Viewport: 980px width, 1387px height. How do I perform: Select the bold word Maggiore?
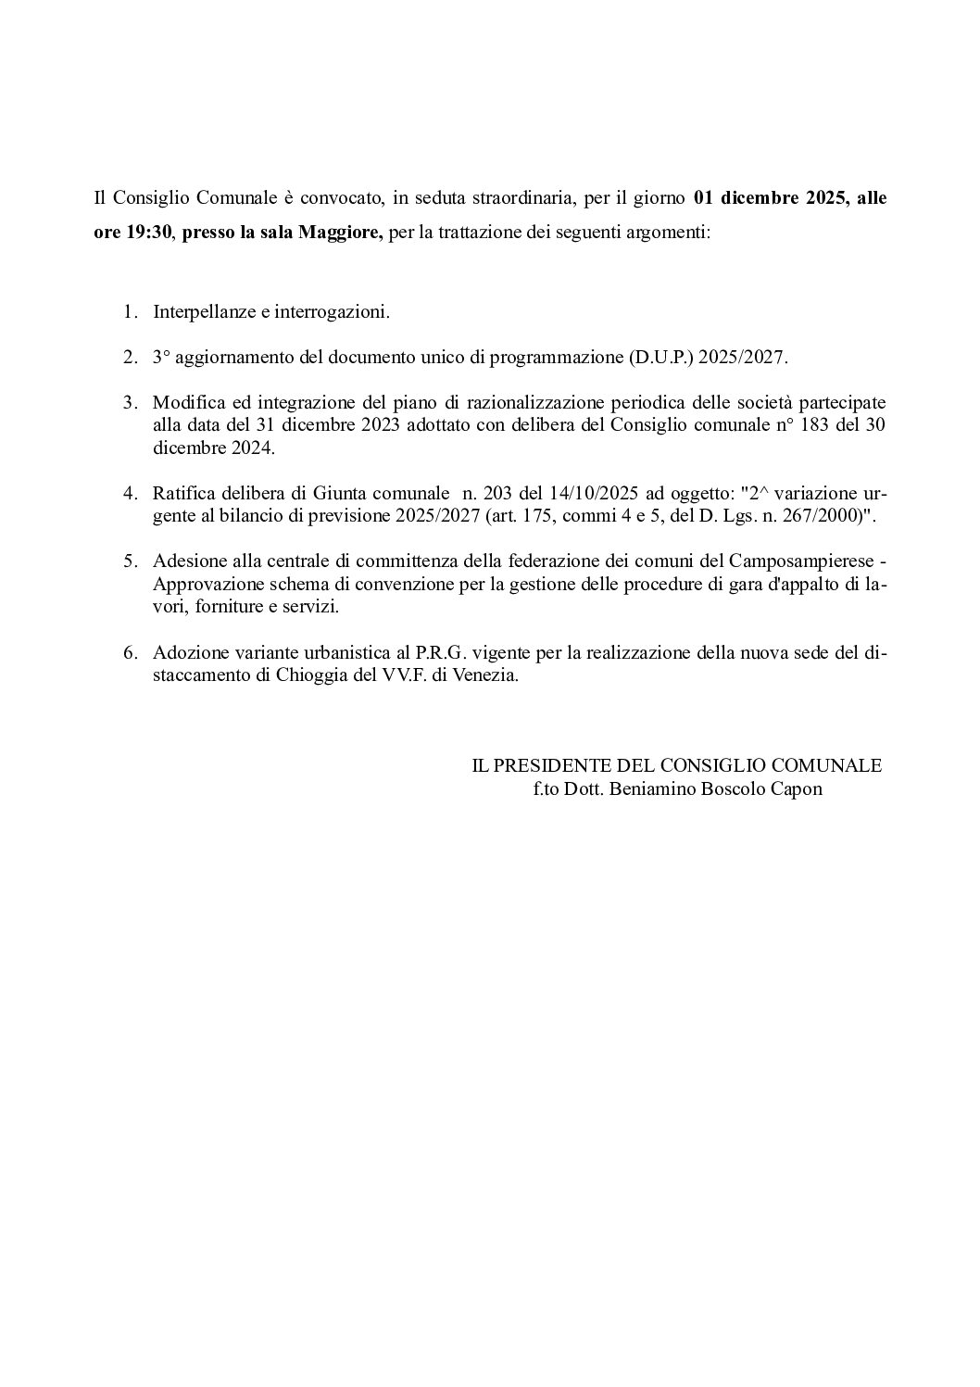(x=340, y=232)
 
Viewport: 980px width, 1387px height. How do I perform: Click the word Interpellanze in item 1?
(x=204, y=312)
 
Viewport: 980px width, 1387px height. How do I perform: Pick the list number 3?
(x=130, y=403)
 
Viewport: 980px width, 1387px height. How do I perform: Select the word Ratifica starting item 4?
(x=183, y=494)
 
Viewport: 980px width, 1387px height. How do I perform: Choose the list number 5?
(x=130, y=561)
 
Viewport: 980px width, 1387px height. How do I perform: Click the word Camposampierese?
(x=801, y=561)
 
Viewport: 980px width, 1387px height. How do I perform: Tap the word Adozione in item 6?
(x=187, y=652)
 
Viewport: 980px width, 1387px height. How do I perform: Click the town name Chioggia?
(x=313, y=675)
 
